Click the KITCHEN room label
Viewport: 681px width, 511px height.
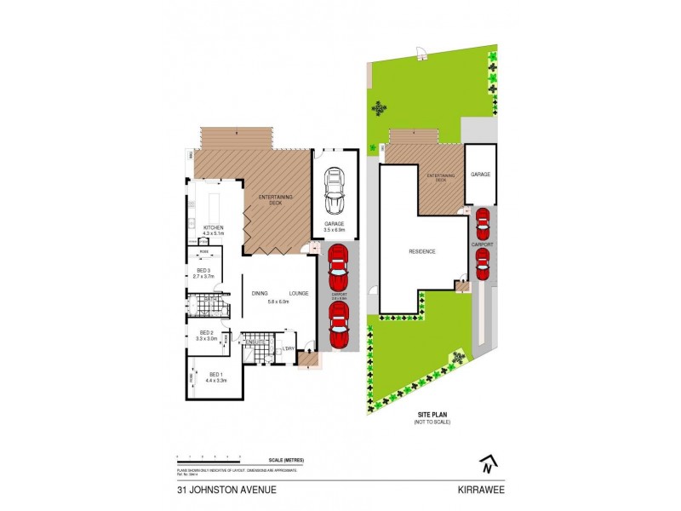point(213,227)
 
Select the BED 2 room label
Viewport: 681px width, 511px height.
point(207,332)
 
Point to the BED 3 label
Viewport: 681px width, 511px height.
point(202,270)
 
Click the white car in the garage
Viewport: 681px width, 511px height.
point(335,192)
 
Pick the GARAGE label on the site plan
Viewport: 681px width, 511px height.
point(481,175)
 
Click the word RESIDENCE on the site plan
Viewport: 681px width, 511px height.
point(421,251)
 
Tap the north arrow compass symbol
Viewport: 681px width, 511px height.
point(488,464)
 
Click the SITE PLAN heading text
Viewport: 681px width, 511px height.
point(432,415)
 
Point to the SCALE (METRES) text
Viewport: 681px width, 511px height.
point(285,461)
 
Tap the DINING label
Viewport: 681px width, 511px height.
point(260,293)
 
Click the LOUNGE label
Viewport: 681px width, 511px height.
point(298,293)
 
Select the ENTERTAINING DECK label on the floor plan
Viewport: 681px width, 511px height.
point(276,199)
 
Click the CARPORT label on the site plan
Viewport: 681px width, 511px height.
point(482,244)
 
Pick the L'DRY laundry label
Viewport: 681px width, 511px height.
point(289,347)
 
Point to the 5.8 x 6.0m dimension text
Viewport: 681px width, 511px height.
point(278,301)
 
